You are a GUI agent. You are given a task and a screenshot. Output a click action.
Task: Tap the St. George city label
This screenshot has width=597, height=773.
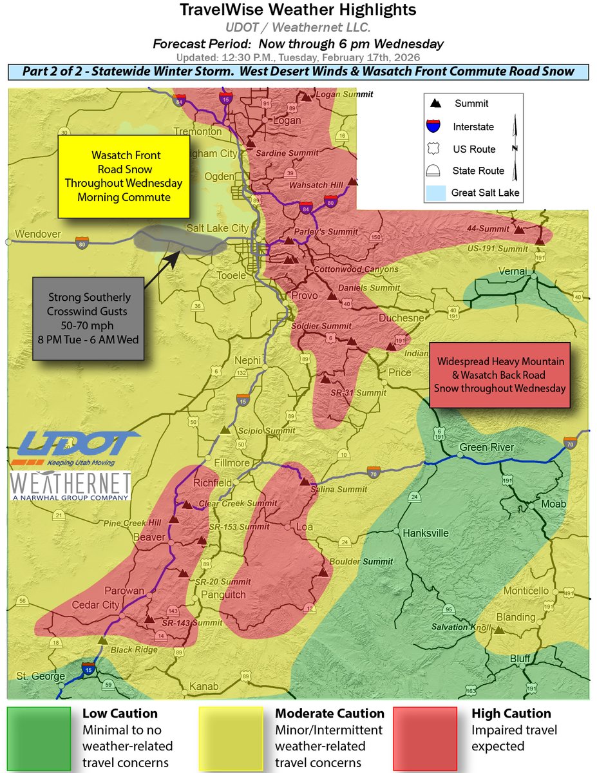pos(40,676)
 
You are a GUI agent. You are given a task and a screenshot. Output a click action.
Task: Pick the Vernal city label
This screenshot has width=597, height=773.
pos(511,271)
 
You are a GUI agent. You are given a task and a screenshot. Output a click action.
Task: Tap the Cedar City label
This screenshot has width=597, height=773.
pos(95,605)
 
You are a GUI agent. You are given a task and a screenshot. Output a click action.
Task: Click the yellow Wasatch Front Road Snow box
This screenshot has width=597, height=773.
pos(124,176)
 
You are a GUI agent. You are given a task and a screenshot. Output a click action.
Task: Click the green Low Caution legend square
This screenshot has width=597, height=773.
pos(39,738)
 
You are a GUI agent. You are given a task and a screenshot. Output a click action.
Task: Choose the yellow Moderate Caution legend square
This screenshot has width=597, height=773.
pos(231,738)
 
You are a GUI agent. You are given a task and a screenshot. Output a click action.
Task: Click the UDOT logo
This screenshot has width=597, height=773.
pos(75,448)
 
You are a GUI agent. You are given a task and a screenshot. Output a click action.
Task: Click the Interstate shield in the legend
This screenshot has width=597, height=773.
pos(435,126)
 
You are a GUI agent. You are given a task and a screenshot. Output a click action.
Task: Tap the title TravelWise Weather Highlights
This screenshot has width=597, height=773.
pos(298,10)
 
